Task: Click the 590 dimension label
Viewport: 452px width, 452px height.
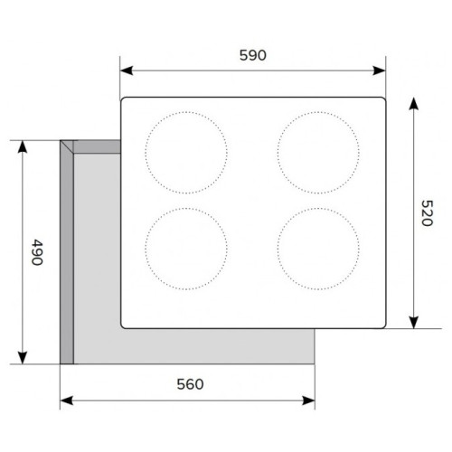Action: click(253, 55)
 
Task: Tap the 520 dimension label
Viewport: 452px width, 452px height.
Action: click(427, 213)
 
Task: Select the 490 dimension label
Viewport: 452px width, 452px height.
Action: click(37, 252)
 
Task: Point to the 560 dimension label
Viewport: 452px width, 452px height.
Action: click(190, 384)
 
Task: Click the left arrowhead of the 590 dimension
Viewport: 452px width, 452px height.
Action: click(127, 71)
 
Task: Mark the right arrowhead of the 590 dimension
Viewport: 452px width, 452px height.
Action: click(379, 71)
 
